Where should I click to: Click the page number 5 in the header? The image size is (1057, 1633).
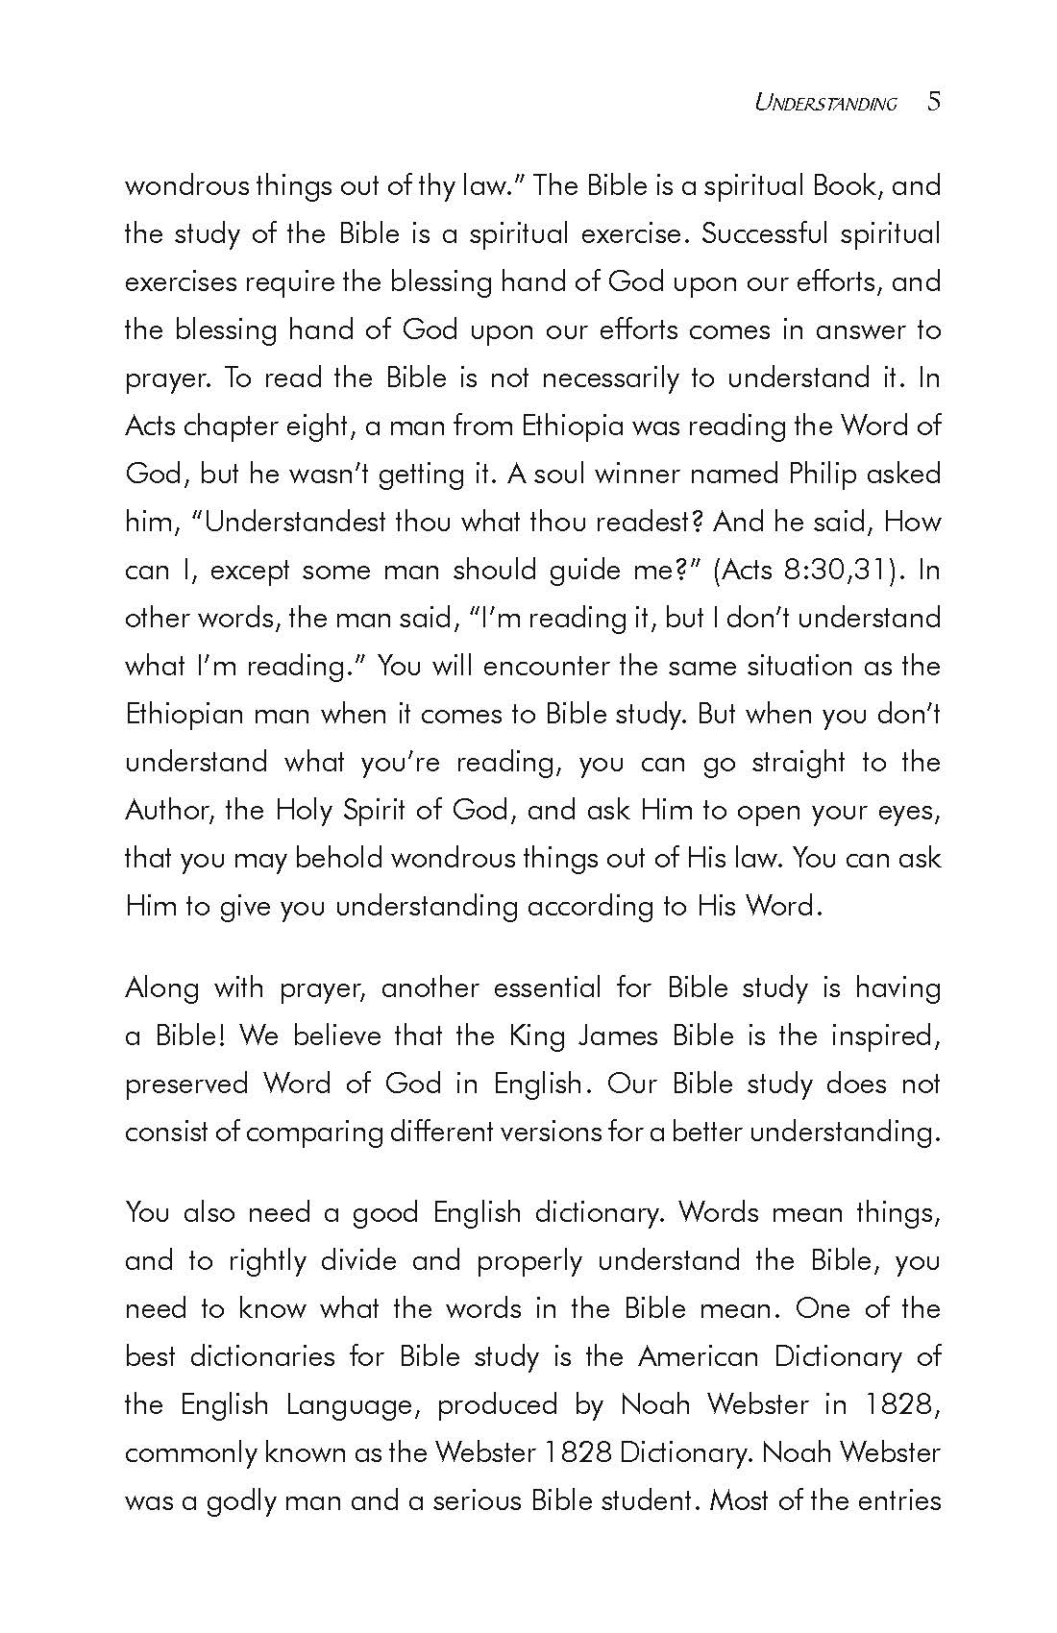(x=934, y=102)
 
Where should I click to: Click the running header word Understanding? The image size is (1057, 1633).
(x=825, y=104)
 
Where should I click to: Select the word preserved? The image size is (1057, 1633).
(x=186, y=1084)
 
